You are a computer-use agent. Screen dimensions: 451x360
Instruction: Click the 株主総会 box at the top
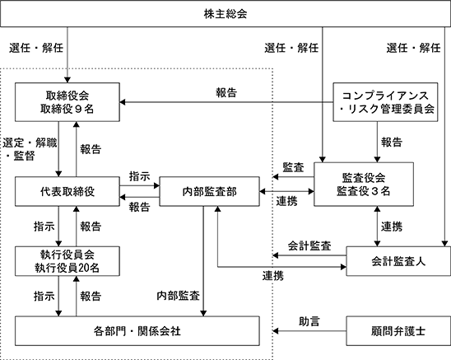tap(225, 13)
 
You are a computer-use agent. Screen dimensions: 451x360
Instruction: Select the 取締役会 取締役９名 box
tap(67, 102)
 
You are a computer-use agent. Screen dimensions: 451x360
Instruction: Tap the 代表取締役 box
tap(67, 191)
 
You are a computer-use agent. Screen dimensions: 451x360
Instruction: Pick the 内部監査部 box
tap(209, 191)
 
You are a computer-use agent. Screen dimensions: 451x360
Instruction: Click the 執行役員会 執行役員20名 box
tap(67, 261)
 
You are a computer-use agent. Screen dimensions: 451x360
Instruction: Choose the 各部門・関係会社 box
tap(137, 331)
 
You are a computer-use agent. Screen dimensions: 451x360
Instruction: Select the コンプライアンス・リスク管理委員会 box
tap(385, 102)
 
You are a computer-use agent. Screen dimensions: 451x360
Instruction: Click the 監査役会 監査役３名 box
tap(364, 185)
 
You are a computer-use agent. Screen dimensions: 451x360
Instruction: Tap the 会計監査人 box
tap(398, 261)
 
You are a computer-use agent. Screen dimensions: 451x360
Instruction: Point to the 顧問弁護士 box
tap(398, 331)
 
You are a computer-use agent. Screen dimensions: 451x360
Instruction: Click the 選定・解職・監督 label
tap(30, 149)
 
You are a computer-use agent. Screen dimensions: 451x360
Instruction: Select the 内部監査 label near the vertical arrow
tap(179, 296)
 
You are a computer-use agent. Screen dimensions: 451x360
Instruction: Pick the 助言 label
tap(309, 321)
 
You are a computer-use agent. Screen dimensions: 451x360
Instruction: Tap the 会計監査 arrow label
tap(309, 245)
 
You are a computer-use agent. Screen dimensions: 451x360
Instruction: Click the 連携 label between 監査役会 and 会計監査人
tap(392, 227)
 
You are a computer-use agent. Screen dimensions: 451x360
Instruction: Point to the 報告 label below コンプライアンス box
tap(392, 142)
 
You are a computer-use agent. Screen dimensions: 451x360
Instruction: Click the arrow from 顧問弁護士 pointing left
tap(309, 331)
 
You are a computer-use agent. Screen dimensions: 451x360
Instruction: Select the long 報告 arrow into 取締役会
tap(226, 102)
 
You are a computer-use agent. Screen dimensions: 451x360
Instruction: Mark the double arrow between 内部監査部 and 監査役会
tap(286, 191)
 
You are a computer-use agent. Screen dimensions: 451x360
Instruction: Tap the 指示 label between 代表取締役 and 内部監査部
tap(140, 176)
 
